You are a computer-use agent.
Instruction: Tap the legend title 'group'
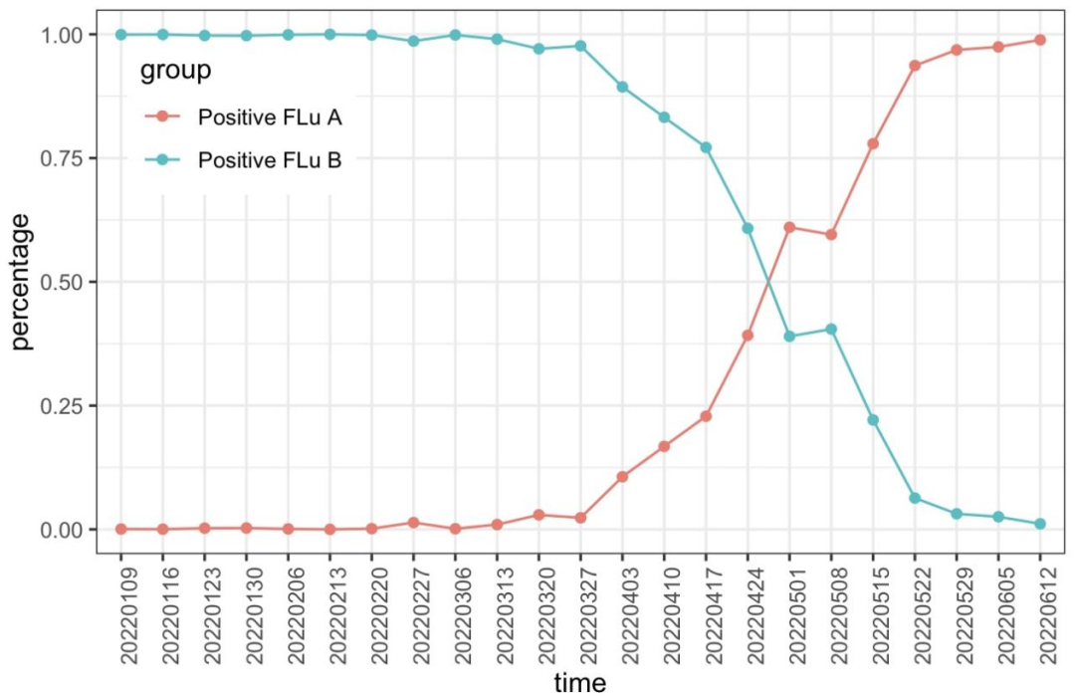click(x=175, y=71)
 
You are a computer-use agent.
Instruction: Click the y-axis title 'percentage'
click(x=22, y=282)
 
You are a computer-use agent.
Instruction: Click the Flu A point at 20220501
click(x=789, y=227)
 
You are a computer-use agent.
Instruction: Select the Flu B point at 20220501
click(x=789, y=337)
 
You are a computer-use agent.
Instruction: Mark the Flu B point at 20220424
click(x=748, y=228)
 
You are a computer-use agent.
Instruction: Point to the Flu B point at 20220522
click(x=915, y=498)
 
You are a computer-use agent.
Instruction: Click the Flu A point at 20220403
click(x=622, y=477)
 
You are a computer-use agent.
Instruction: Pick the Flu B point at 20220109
click(x=121, y=35)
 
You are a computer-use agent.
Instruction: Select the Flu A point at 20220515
click(x=873, y=143)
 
